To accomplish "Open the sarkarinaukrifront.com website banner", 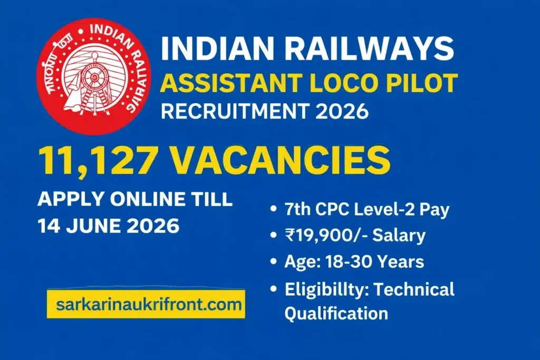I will (146, 304).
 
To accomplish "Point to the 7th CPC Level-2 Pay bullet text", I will (367, 209).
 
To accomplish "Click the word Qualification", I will (336, 313).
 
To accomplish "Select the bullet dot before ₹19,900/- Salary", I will (273, 236).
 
